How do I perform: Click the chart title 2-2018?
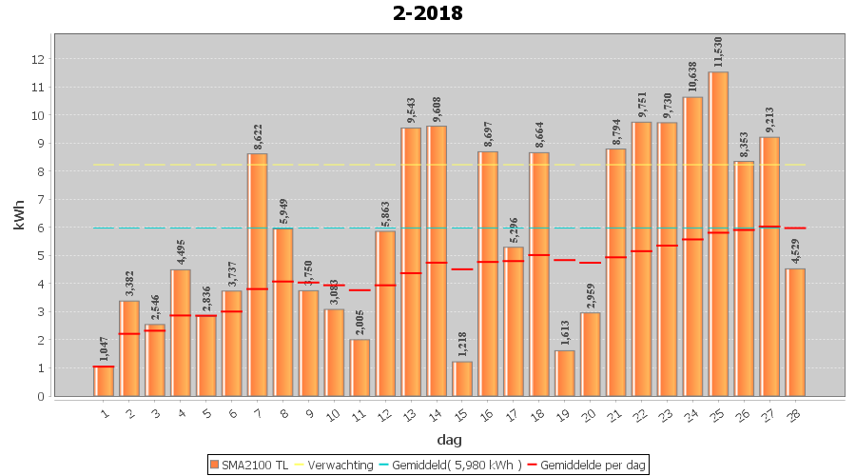pos(427,13)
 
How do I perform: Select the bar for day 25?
pos(718,233)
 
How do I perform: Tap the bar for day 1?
pos(103,381)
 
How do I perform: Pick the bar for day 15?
pos(462,379)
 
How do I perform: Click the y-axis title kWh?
pos(20,215)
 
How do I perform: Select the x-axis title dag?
pos(449,439)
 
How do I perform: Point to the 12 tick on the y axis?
pos(38,59)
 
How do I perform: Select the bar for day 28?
pos(795,332)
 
